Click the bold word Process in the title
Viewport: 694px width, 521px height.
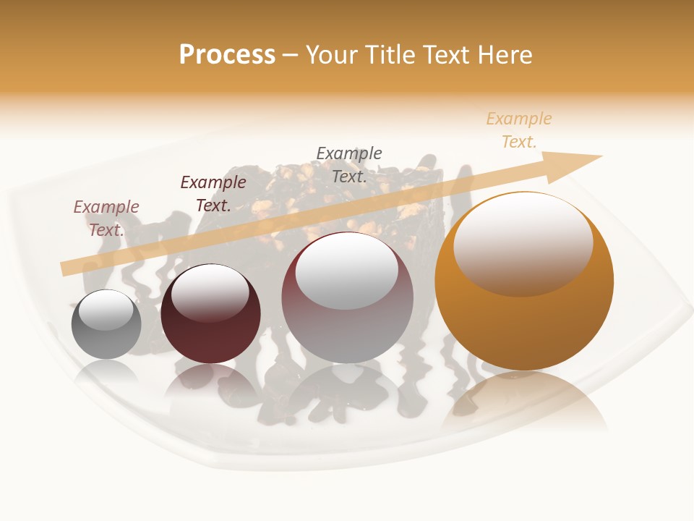click(x=227, y=55)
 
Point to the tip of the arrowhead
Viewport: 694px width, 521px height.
click(x=601, y=156)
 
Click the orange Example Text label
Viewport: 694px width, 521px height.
click(x=519, y=130)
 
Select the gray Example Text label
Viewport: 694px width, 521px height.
click(x=349, y=164)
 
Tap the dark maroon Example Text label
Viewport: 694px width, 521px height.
click(x=213, y=193)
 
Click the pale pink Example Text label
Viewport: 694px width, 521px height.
click(x=106, y=218)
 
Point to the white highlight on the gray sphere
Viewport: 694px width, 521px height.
click(x=106, y=310)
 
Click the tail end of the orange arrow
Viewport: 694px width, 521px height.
click(x=65, y=268)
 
